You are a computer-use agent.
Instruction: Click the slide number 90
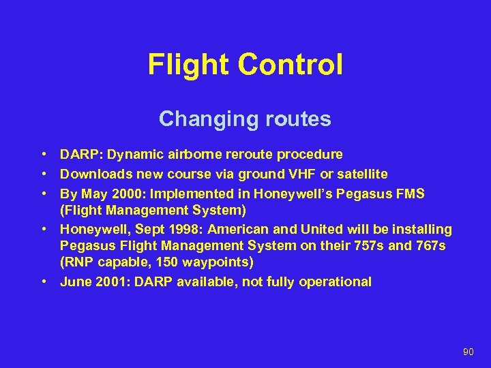pos(468,352)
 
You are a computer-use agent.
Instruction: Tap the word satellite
pos(362,174)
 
